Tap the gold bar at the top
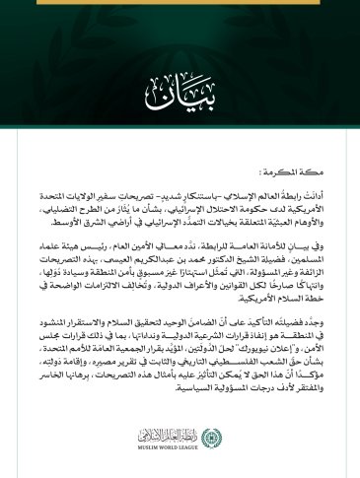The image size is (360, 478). [x=180, y=2]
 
